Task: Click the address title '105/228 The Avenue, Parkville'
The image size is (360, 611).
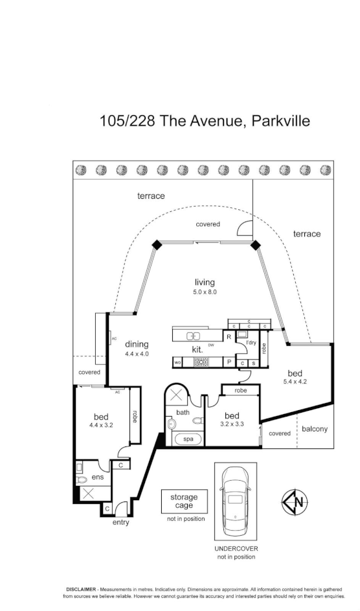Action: click(x=205, y=121)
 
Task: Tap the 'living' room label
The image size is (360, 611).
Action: click(x=205, y=282)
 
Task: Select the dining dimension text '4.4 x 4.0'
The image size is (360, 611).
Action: click(x=137, y=354)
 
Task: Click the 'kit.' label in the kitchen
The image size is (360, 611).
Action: click(x=197, y=349)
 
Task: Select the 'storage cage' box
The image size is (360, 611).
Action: click(x=184, y=501)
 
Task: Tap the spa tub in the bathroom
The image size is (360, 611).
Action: click(x=188, y=439)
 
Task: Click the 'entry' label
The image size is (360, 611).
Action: click(x=120, y=522)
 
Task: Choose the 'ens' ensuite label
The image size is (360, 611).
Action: click(x=98, y=477)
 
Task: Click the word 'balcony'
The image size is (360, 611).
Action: click(x=315, y=429)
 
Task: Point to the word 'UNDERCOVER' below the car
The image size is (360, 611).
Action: click(x=236, y=548)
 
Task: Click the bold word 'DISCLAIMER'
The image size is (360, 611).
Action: click(x=77, y=588)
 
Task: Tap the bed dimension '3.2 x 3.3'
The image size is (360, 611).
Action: click(x=232, y=424)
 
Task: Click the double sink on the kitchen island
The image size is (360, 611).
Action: click(x=193, y=335)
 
